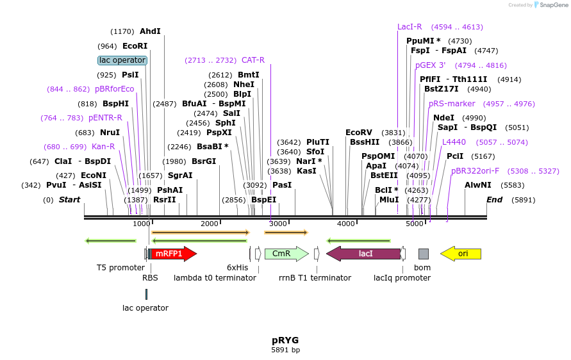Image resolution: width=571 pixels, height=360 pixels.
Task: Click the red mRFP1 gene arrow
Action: (x=172, y=254)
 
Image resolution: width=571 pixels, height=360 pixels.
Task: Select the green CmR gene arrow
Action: (x=285, y=254)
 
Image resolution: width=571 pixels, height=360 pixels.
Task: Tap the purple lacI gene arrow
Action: (x=363, y=254)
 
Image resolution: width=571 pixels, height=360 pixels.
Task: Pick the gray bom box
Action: (x=423, y=254)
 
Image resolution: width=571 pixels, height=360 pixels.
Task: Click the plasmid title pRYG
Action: (x=285, y=340)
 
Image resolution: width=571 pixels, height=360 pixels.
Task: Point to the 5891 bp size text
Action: (x=285, y=350)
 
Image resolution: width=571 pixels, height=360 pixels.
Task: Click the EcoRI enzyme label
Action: (x=135, y=46)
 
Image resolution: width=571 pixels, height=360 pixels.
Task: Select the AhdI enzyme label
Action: (x=150, y=31)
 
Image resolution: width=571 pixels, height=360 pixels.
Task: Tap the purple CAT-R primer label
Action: (x=252, y=60)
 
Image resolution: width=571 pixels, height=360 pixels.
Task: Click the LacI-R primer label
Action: (x=410, y=27)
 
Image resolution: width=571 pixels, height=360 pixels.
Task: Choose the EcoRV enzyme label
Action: (x=358, y=132)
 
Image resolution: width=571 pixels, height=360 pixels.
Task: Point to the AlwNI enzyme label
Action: (x=477, y=185)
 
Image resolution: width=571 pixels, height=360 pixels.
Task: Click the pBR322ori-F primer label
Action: (x=475, y=171)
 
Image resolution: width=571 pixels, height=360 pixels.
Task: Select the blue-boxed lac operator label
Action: (x=122, y=60)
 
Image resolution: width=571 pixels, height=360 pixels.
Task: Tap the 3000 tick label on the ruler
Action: (x=277, y=224)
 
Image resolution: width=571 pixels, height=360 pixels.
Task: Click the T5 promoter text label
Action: (x=120, y=267)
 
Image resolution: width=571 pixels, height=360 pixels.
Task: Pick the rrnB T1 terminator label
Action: (x=315, y=277)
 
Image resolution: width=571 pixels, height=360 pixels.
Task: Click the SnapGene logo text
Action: (x=552, y=5)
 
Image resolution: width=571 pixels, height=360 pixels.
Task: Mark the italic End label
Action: (x=494, y=200)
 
